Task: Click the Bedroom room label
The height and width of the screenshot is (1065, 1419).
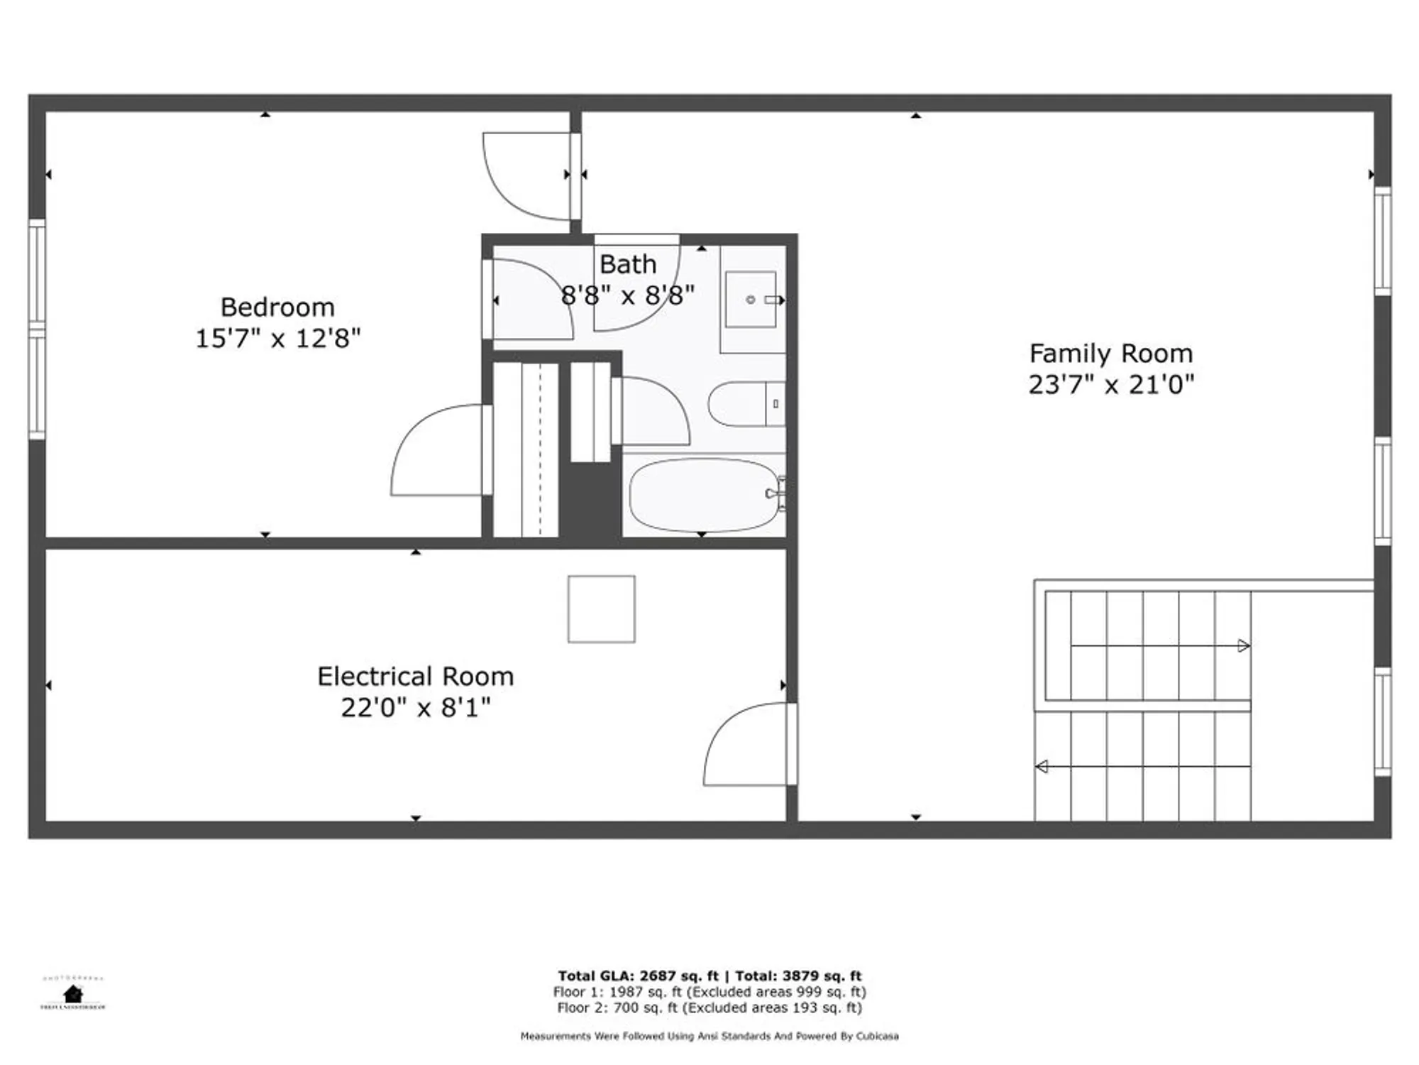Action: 277,307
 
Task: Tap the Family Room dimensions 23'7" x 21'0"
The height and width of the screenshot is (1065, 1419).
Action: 1111,385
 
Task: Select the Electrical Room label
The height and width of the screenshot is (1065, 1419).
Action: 415,677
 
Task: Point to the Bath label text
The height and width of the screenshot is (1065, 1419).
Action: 628,265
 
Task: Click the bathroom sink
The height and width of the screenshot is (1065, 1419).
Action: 751,300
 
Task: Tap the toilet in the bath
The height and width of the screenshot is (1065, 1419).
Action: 745,404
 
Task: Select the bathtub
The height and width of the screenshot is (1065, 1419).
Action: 702,495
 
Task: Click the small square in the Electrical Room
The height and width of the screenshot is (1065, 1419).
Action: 601,609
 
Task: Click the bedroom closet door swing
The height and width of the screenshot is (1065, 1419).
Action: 436,451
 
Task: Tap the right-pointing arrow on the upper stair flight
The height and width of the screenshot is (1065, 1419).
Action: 1243,646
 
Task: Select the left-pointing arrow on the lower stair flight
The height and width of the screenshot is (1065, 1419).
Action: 1042,767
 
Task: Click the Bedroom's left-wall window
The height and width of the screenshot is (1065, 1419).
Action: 37,329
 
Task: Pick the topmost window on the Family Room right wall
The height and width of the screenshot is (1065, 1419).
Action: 1382,241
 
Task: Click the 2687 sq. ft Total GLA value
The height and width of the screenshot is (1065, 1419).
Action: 679,976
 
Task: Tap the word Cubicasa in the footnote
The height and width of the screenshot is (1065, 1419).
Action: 877,1037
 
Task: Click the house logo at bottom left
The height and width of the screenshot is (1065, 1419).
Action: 72,993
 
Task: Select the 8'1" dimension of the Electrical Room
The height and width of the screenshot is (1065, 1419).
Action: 465,708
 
